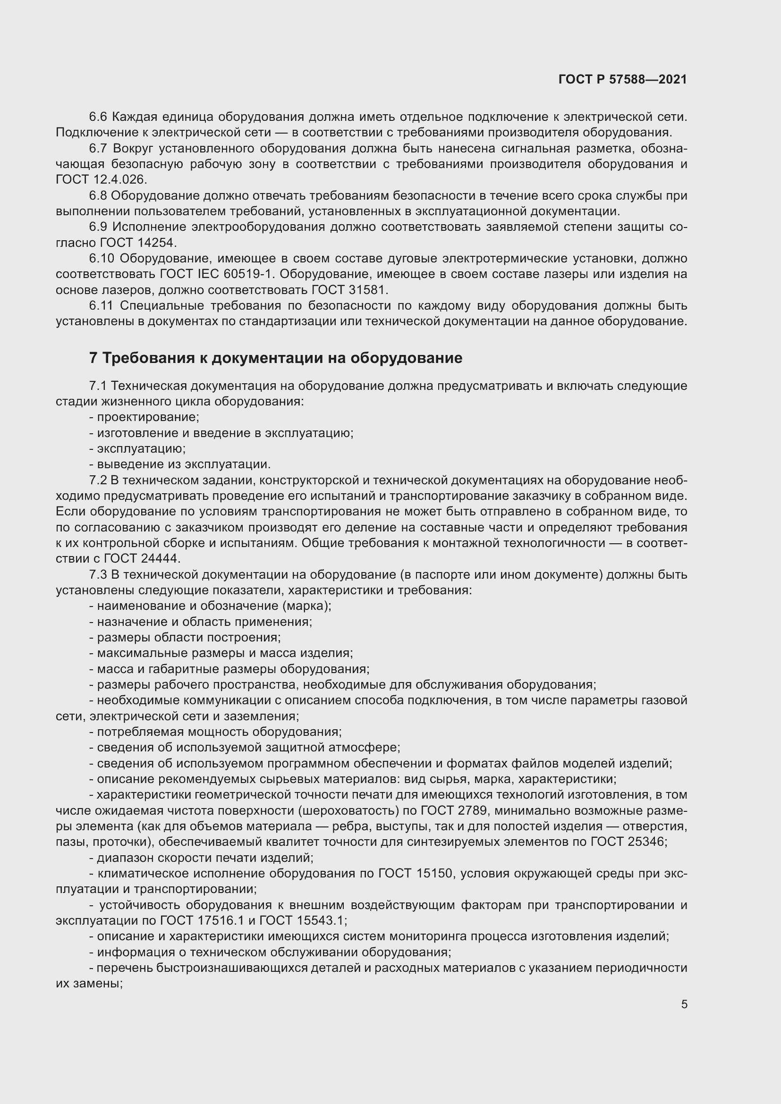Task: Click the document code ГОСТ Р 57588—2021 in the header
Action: [x=623, y=79]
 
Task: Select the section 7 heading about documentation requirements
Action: [x=276, y=358]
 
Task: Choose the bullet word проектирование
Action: [x=148, y=417]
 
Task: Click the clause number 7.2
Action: [x=98, y=480]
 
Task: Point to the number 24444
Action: [x=161, y=559]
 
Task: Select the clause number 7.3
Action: [x=98, y=574]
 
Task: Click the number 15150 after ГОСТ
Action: [x=433, y=873]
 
